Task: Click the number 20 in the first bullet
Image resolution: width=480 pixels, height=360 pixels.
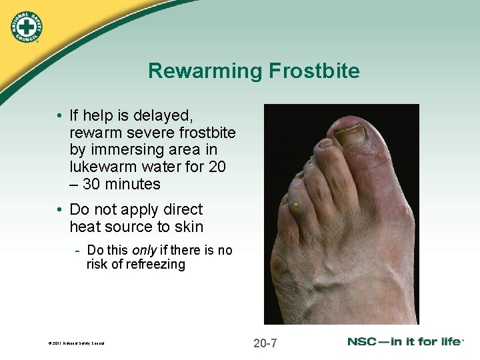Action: click(217, 167)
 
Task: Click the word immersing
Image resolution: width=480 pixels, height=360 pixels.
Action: click(121, 150)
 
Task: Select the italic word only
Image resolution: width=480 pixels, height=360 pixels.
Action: click(144, 250)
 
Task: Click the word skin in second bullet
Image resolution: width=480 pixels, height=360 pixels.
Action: click(189, 227)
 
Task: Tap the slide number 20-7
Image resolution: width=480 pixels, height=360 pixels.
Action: click(265, 343)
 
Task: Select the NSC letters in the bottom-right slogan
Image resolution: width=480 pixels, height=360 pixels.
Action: click(362, 341)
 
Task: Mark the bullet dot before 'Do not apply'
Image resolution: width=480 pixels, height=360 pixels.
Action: click(60, 210)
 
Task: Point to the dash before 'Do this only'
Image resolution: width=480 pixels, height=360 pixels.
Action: click(78, 251)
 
